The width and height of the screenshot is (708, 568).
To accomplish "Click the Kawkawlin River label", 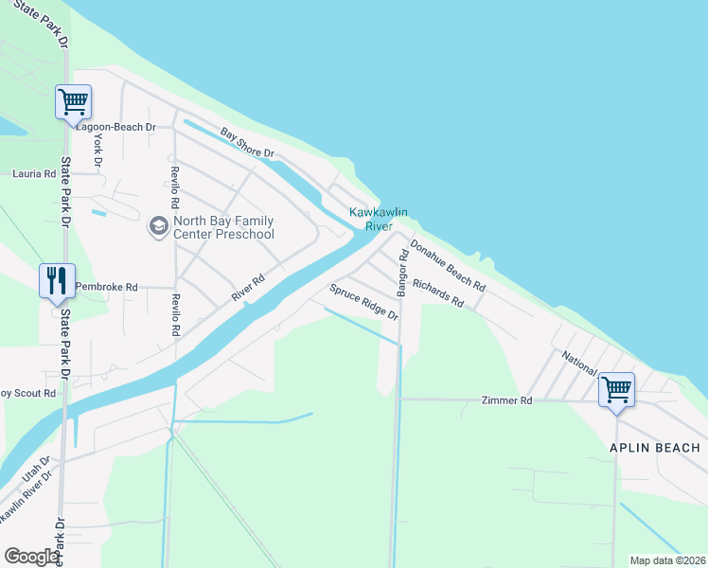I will tap(371, 220).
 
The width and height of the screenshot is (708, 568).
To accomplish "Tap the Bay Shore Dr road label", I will tap(247, 143).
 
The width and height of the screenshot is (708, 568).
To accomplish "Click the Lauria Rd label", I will tap(34, 174).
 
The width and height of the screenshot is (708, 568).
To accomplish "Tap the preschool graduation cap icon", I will tap(157, 227).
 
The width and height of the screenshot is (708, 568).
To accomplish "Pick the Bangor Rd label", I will tap(402, 274).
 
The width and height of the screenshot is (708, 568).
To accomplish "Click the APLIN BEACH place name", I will tap(655, 448).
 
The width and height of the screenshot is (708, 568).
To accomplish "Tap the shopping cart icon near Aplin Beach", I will tap(616, 388).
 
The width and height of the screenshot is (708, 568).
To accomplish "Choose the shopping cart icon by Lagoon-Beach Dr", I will tap(73, 100).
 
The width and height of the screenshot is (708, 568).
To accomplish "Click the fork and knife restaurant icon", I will tap(56, 279).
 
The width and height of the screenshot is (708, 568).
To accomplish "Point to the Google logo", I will tap(32, 557).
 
